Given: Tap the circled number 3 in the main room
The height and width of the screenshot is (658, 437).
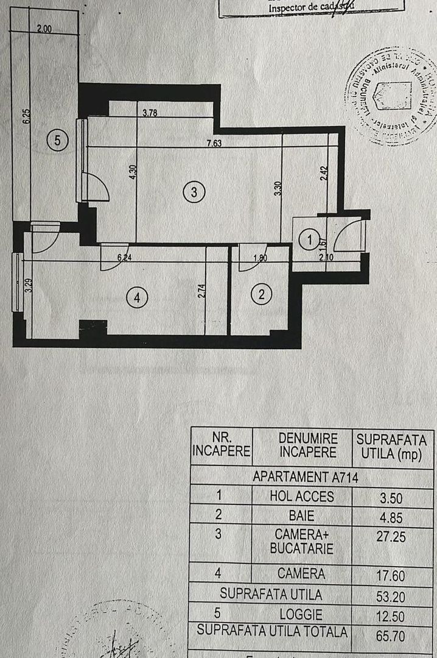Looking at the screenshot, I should tap(193, 192).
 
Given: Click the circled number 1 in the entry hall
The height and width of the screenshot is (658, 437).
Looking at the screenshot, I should tap(310, 240).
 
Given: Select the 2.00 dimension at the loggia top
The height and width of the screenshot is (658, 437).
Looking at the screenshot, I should tap(44, 28).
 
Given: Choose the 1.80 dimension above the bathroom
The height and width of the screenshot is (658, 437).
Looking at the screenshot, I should tap(261, 257).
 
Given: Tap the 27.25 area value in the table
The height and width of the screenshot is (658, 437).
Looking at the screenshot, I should tap(392, 536).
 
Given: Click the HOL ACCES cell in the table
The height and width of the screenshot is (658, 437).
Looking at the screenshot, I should tap(302, 496).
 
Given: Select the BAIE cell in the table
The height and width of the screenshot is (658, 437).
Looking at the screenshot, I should tap(302, 515).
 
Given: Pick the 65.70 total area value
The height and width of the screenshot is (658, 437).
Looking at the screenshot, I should tap(392, 634).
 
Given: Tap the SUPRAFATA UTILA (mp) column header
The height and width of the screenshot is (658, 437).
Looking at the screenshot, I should tap(392, 446).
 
